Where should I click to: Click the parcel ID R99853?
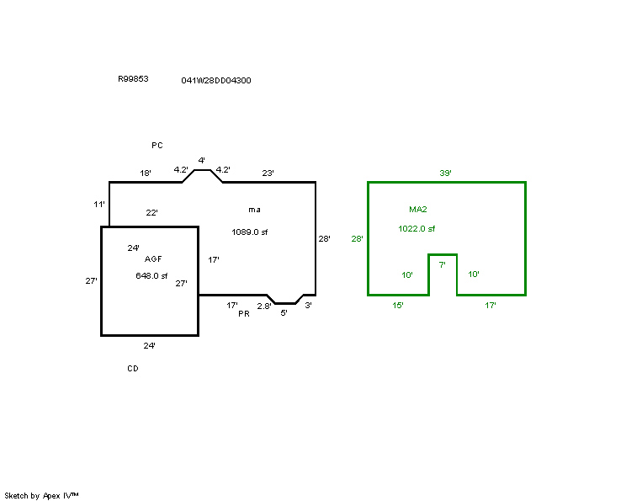[133, 78]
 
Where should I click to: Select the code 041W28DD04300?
[215, 81]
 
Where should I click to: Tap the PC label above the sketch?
[157, 146]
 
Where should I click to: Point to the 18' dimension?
[146, 173]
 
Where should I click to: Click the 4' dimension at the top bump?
[201, 160]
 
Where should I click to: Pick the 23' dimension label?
[268, 173]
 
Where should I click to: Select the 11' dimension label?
[98, 205]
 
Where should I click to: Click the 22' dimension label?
[152, 213]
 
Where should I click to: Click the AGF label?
[153, 259]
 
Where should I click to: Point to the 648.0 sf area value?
[151, 275]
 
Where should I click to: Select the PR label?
[244, 314]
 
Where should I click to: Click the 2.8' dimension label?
[264, 306]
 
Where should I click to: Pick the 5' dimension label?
[284, 313]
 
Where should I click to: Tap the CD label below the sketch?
[133, 369]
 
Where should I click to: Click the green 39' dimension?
[446, 173]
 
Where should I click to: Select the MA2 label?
[418, 209]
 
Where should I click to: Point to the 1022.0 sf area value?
[416, 228]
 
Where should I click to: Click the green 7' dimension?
[443, 264]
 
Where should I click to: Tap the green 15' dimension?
[398, 306]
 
